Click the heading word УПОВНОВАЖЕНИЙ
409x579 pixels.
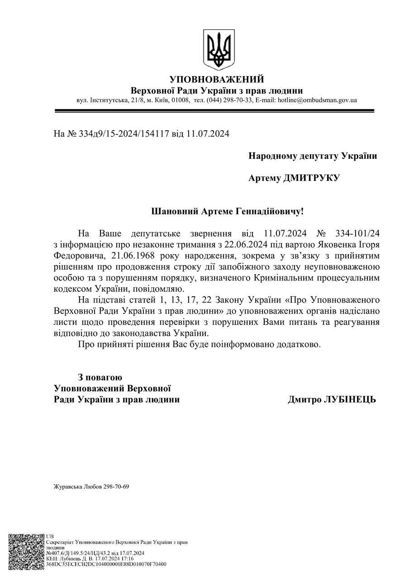tap(217, 80)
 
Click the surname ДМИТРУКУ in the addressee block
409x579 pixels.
tap(311, 178)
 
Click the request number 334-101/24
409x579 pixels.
tap(357, 233)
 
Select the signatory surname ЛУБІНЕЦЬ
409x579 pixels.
tap(349, 400)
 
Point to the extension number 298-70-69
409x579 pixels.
tap(117, 487)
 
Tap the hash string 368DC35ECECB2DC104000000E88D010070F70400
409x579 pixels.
tap(106, 564)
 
